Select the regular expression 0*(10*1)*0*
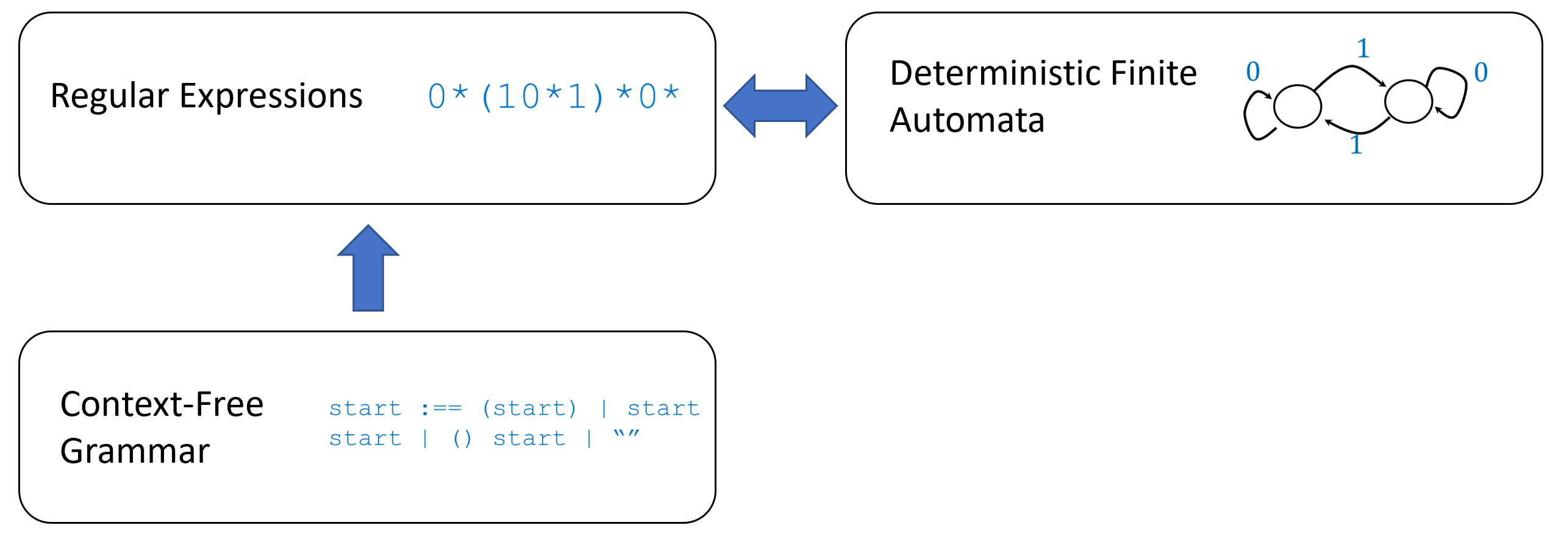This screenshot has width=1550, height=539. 553,96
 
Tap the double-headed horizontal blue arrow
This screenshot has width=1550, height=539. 780,105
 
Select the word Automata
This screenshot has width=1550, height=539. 967,120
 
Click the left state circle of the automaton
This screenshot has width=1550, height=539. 1298,106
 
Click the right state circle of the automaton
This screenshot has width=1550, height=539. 1408,101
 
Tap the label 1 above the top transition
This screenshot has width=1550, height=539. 1363,48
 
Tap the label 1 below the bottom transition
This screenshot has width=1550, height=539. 1355,145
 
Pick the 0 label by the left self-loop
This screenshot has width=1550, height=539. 1253,71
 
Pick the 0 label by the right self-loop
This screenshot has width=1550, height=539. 1481,72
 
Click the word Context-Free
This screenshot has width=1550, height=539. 162,404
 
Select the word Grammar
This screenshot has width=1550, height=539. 135,451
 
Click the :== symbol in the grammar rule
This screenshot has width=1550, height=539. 441,408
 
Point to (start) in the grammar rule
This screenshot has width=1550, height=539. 529,408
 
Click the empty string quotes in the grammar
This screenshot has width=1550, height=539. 626,435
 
